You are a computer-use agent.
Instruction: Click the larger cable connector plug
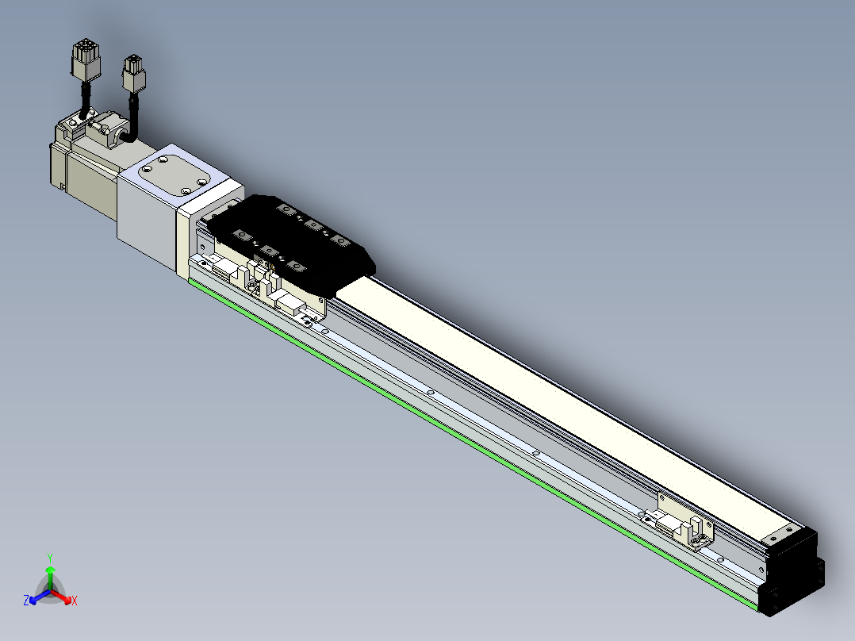(84, 61)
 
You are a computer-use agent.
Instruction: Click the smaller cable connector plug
(134, 75)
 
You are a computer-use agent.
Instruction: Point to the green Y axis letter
(50, 557)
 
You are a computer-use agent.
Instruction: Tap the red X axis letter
(75, 601)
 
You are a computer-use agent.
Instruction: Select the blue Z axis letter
(26, 601)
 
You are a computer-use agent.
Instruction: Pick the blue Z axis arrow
(36, 597)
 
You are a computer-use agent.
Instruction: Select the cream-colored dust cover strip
(555, 397)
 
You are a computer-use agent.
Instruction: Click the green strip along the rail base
(476, 444)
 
